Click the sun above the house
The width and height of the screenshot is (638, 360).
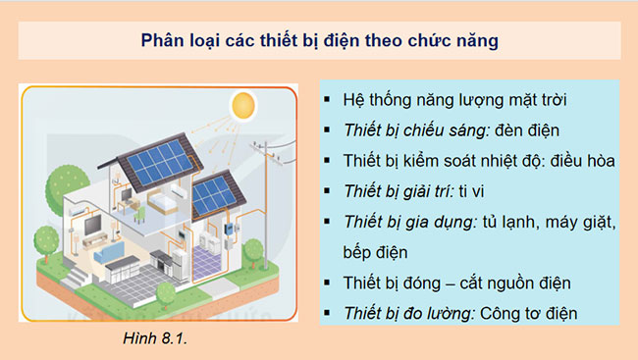click(242, 105)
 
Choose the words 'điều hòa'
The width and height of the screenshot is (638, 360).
click(579, 162)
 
